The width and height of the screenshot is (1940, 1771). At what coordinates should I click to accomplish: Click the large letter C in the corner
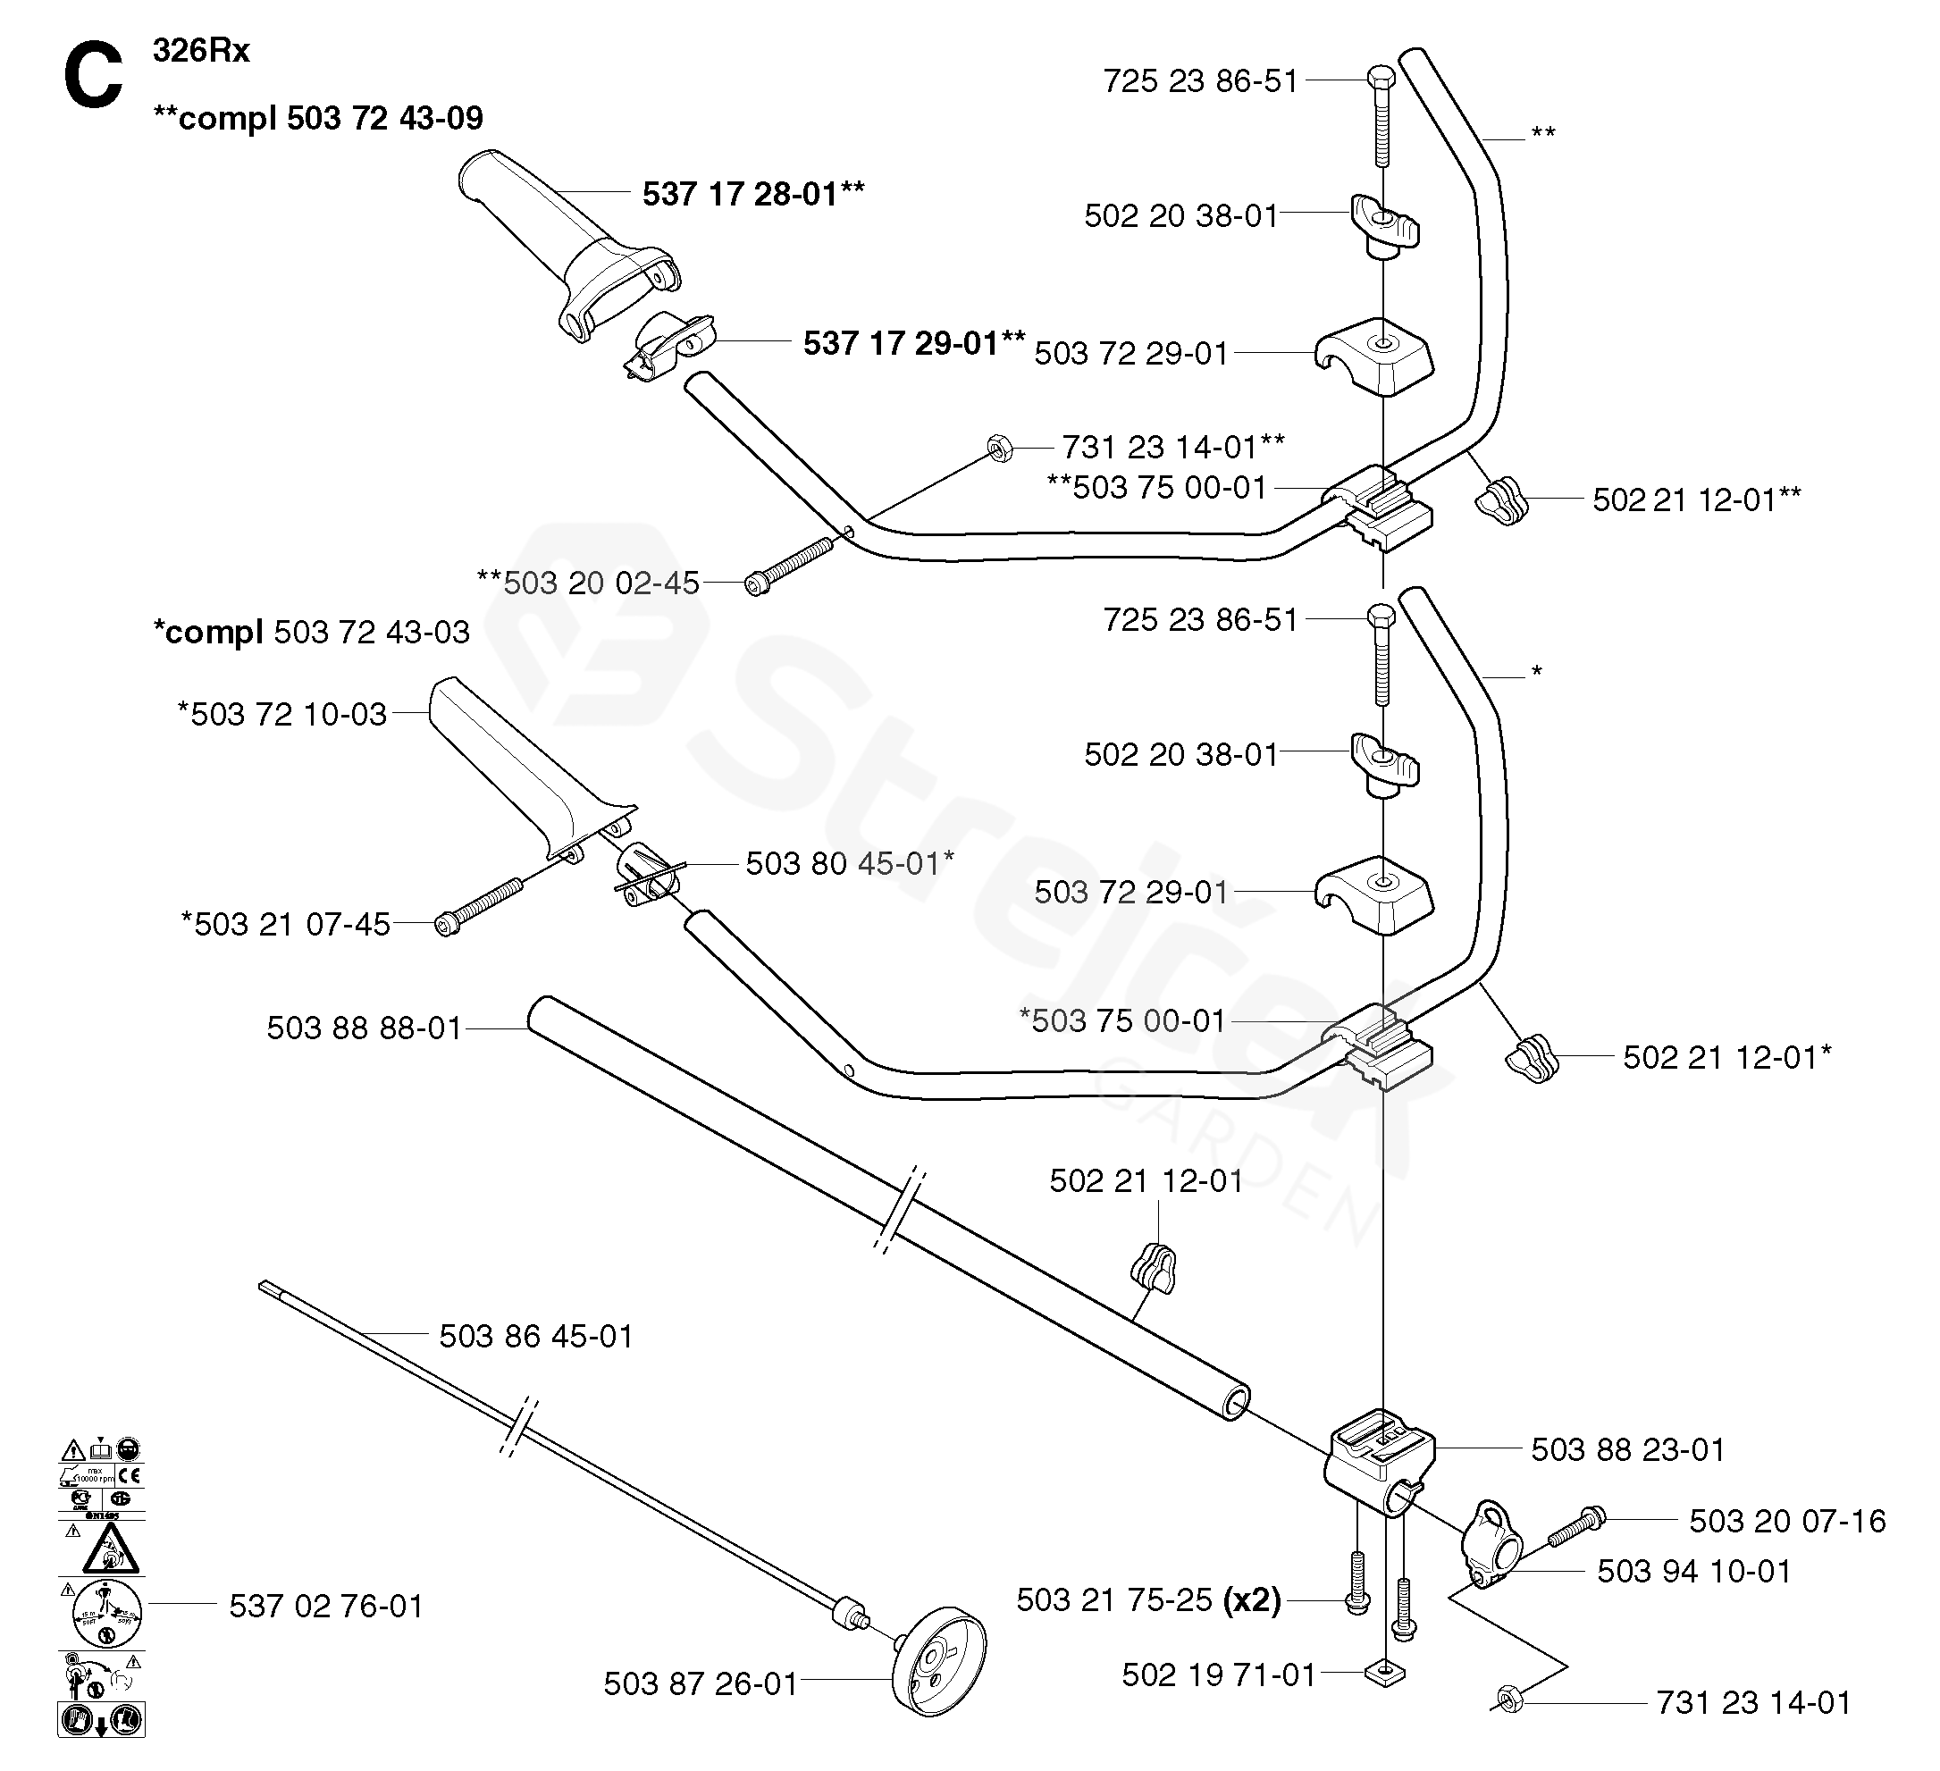[x=93, y=77]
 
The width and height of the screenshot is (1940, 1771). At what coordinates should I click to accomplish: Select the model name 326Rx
[x=201, y=50]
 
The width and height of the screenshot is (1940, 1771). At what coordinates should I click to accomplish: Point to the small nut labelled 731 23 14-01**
[x=999, y=448]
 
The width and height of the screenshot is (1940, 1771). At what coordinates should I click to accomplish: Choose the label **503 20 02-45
[x=588, y=583]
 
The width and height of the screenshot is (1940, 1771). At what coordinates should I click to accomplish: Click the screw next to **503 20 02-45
[x=789, y=567]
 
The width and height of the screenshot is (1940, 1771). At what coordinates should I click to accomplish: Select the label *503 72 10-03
[x=282, y=714]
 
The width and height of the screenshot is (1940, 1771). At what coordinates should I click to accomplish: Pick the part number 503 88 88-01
[x=365, y=1028]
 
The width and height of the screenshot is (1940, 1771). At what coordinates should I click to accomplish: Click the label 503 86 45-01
[x=536, y=1336]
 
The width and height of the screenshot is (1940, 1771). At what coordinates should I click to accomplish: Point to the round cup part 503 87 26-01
[x=938, y=1673]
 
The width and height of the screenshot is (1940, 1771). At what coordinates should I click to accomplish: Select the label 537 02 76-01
[x=326, y=1606]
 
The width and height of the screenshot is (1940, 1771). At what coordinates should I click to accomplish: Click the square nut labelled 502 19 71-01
[x=1385, y=1674]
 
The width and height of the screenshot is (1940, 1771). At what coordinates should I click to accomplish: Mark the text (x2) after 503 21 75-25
[x=1252, y=1599]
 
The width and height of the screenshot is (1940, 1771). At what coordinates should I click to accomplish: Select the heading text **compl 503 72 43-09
[x=317, y=118]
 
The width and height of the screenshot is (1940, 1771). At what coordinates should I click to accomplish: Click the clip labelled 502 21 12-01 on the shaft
[x=1153, y=1269]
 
